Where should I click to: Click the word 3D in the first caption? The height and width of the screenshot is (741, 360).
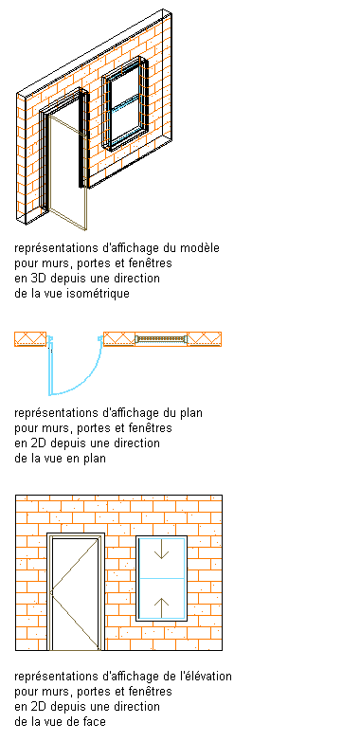[x=37, y=278]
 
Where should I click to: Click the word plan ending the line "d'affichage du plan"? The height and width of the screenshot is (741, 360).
[x=191, y=412]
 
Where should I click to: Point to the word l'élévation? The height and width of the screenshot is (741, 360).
[x=206, y=677]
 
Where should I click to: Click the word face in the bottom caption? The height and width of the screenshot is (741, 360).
[x=94, y=722]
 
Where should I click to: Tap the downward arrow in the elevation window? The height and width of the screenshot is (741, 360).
[x=162, y=550]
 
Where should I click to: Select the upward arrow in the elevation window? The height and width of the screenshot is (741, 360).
[x=162, y=607]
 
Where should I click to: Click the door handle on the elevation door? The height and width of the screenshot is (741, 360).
[x=51, y=591]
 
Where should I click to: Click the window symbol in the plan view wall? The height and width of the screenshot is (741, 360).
[x=161, y=339]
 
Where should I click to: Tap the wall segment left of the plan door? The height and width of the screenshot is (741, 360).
[x=30, y=339]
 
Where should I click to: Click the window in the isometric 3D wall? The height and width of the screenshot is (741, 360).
[x=125, y=104]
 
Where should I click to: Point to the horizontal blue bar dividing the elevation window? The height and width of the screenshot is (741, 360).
[x=162, y=578]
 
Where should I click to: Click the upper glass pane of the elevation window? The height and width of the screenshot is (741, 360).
[x=162, y=557]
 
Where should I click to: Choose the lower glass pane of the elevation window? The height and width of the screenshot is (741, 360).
[x=162, y=598]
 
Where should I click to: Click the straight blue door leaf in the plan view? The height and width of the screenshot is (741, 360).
[x=49, y=367]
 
